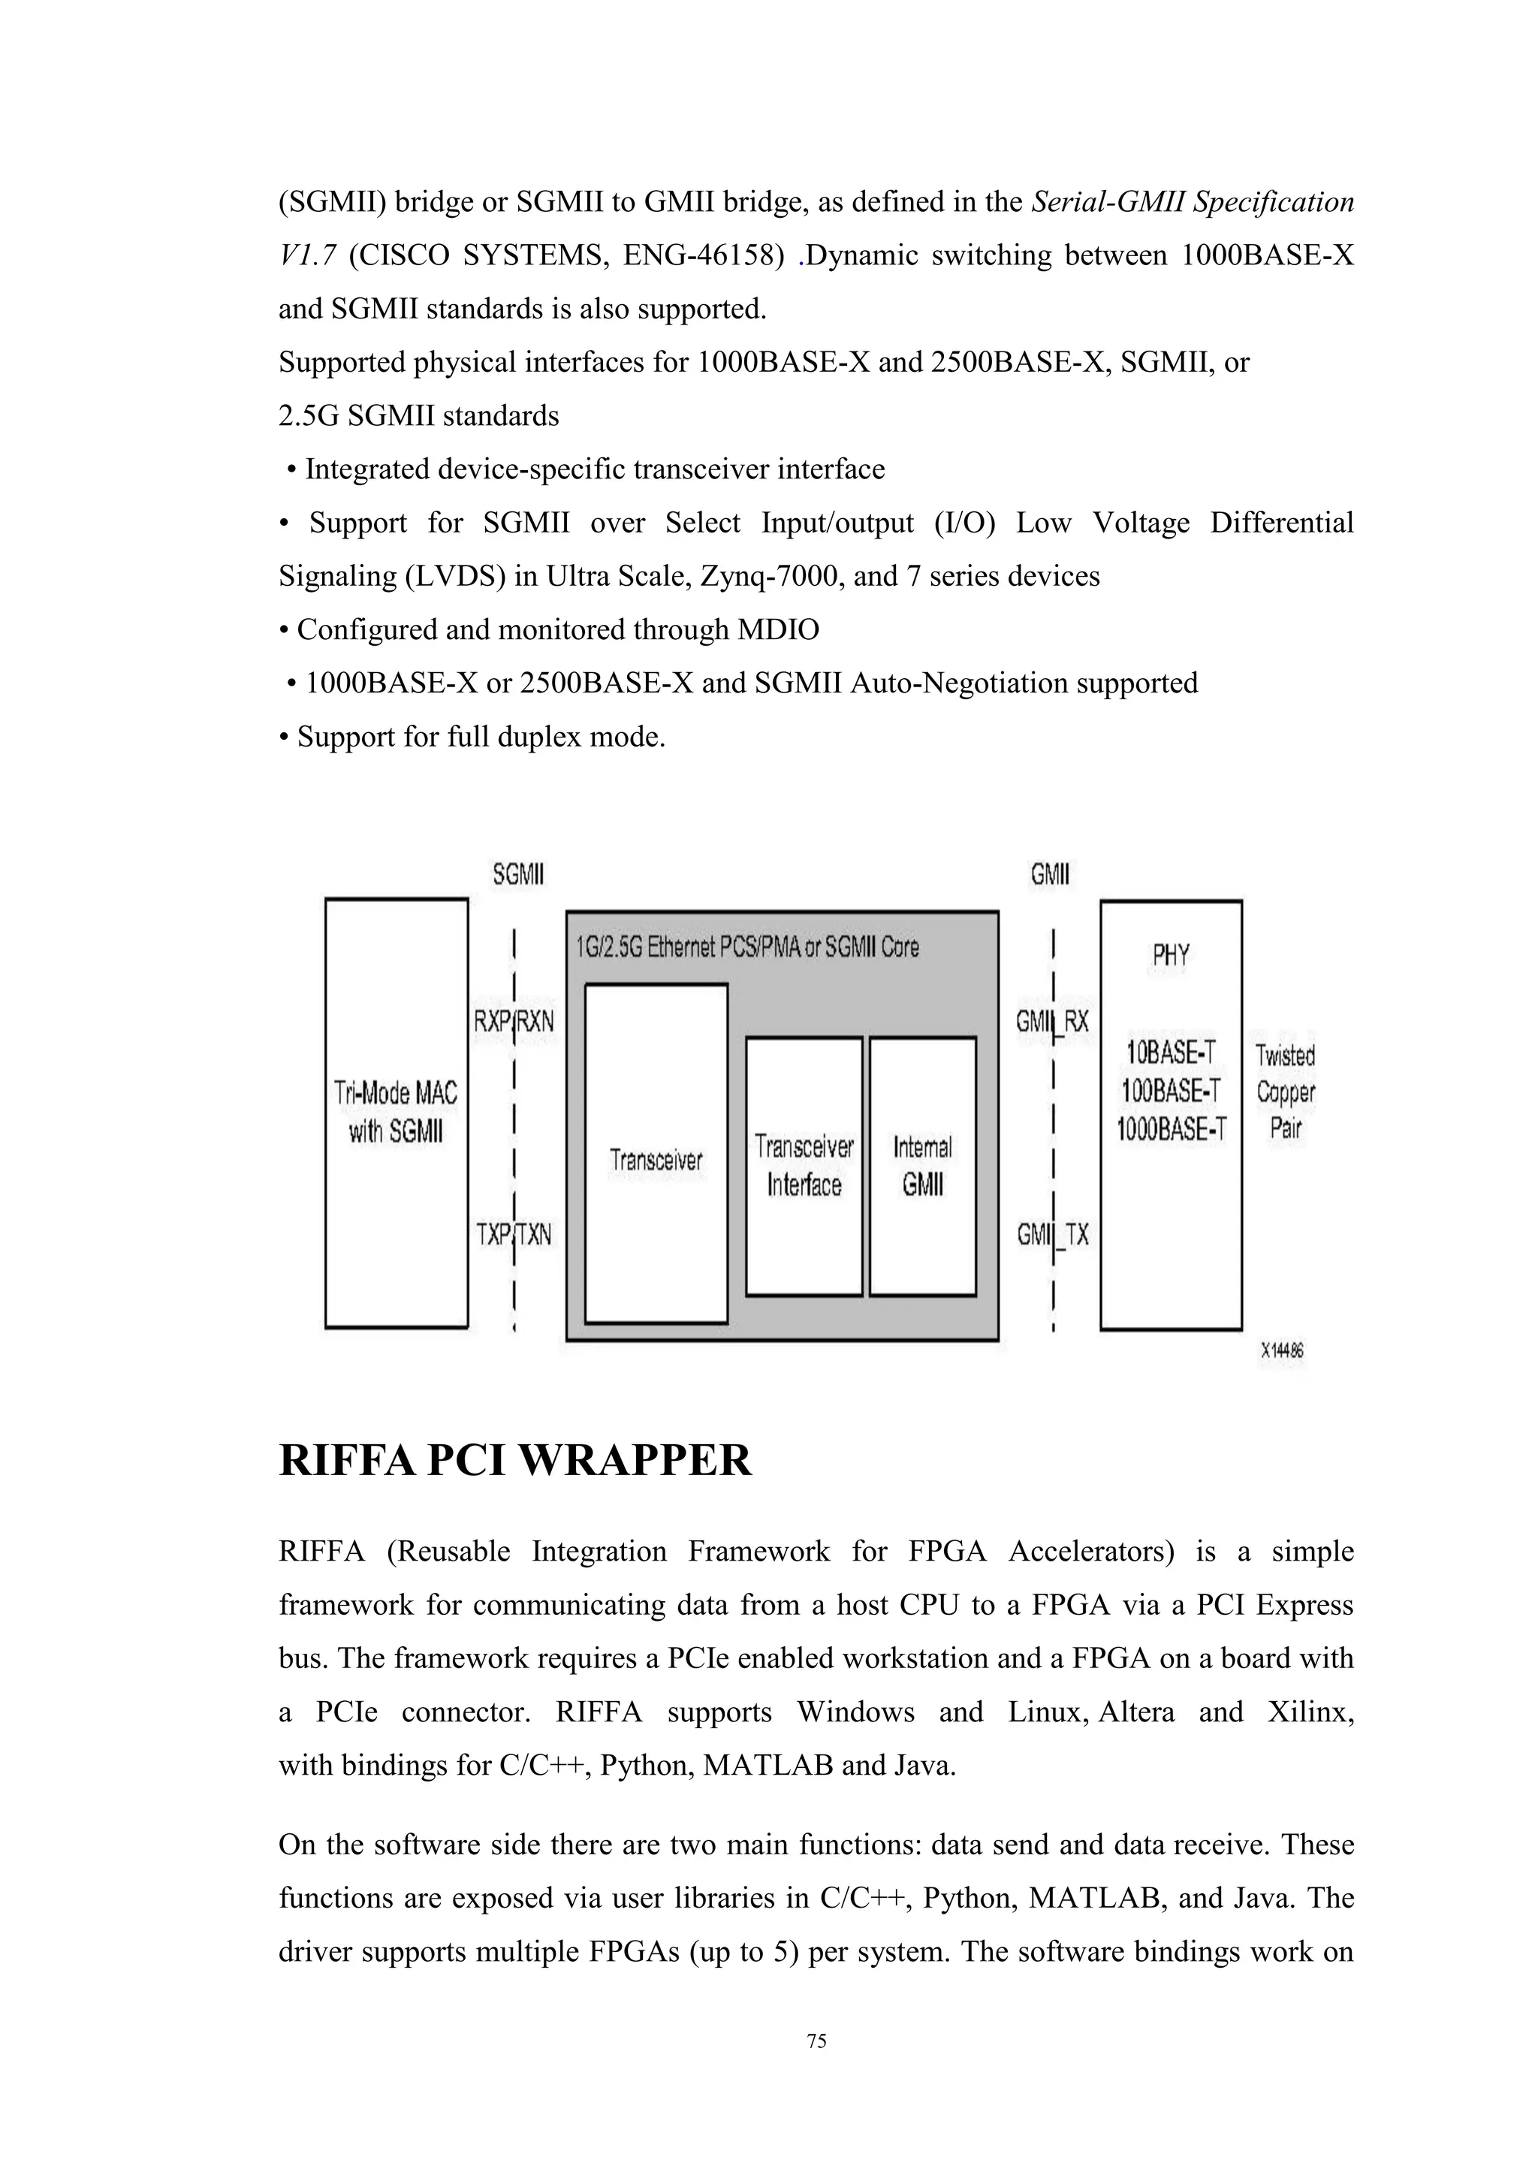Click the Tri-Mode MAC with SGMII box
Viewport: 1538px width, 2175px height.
[396, 1113]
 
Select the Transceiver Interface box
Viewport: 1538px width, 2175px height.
[804, 1166]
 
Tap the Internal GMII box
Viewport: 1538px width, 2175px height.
[922, 1166]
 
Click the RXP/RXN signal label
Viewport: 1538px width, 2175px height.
[514, 1022]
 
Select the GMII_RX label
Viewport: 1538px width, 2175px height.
[1052, 1021]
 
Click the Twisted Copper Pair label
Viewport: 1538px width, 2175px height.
[1285, 1091]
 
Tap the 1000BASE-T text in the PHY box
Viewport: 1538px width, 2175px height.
[1171, 1129]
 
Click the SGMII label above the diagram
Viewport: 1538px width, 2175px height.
[518, 874]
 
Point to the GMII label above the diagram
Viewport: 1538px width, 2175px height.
[1051, 874]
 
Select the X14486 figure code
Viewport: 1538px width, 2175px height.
[1281, 1352]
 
